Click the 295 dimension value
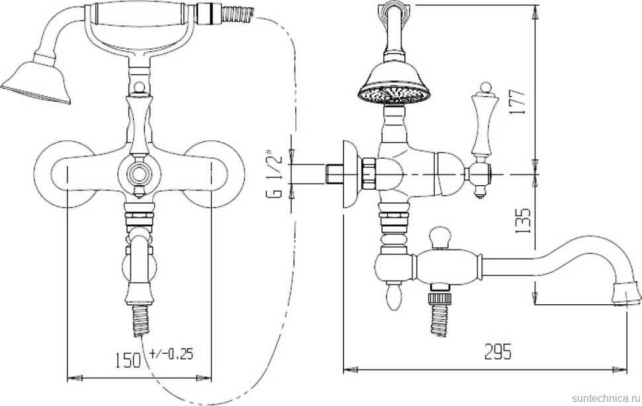(x=498, y=352)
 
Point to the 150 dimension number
(x=126, y=360)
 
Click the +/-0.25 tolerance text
(x=171, y=354)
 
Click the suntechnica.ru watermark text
(x=606, y=398)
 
